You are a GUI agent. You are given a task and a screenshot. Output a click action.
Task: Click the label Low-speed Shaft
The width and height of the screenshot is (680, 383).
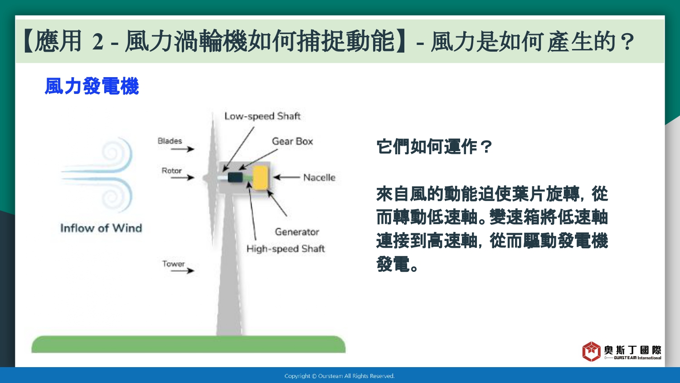click(x=262, y=116)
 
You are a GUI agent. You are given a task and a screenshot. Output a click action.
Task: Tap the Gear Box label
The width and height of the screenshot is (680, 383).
click(x=292, y=141)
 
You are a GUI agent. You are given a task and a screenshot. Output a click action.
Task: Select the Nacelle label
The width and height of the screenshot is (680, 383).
click(x=319, y=177)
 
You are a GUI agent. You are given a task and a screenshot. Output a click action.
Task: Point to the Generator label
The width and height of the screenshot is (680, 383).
click(x=297, y=232)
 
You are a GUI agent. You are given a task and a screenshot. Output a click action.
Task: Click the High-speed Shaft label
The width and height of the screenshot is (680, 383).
click(x=286, y=249)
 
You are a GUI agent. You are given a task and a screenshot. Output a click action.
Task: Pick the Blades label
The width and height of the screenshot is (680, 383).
click(x=170, y=141)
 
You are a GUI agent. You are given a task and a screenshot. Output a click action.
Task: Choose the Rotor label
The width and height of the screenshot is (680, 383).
click(x=171, y=171)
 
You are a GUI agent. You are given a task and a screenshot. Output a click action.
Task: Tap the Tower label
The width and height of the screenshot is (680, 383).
click(x=173, y=264)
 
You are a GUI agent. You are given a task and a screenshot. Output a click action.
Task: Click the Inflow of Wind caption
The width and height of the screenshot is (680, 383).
click(x=101, y=228)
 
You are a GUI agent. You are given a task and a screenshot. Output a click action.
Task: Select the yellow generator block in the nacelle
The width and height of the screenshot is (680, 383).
click(x=261, y=178)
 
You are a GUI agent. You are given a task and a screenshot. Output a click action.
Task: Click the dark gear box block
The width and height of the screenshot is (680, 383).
click(x=235, y=177)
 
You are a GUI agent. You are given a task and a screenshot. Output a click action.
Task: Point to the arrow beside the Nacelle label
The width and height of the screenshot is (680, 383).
click(x=287, y=177)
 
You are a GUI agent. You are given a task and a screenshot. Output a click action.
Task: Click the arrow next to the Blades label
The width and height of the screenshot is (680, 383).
click(x=182, y=149)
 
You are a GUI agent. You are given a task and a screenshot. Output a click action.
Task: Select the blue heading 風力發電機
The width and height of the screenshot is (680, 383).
click(x=92, y=86)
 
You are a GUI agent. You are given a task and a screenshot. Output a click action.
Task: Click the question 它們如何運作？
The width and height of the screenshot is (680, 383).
click(x=434, y=147)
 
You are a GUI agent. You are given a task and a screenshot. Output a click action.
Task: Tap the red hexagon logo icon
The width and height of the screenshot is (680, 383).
click(x=591, y=351)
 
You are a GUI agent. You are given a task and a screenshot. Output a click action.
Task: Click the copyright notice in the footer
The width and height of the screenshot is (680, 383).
click(x=340, y=376)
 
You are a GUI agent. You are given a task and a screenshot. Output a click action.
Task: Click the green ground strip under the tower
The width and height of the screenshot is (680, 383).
click(x=189, y=344)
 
